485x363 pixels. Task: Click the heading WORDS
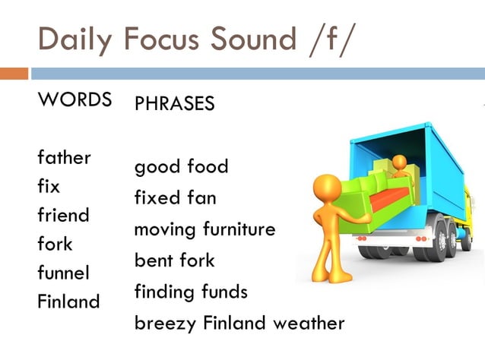point(74,99)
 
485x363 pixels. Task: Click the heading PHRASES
point(174,104)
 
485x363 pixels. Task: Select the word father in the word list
point(64,157)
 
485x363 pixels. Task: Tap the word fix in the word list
point(49,185)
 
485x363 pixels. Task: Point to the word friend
point(63,215)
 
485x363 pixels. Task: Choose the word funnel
point(63,272)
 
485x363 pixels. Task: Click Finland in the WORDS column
point(68,301)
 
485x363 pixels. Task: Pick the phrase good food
point(181,166)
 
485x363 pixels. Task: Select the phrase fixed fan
point(175,198)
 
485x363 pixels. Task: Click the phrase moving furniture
point(204,229)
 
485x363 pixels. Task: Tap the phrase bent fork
point(174,260)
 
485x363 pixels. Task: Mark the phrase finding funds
point(191,292)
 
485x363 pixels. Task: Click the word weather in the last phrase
point(309,323)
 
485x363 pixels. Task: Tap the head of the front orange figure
point(328,187)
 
